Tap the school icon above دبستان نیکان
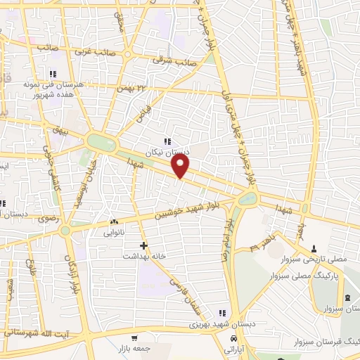167,141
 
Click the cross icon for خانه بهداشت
144,245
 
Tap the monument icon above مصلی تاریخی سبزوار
314,247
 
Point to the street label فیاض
144,112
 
